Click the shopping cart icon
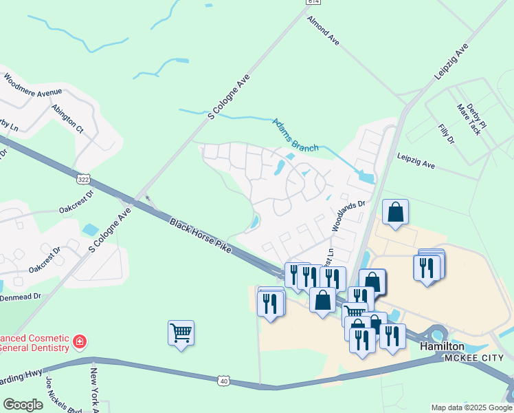[181, 333]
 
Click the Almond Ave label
[324, 31]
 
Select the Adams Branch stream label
[295, 135]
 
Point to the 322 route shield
[83, 179]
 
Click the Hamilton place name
[442, 346]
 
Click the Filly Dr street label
[446, 135]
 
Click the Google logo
[23, 405]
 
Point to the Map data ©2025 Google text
[471, 407]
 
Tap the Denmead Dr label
[21, 296]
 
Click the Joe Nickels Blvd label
[60, 394]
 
